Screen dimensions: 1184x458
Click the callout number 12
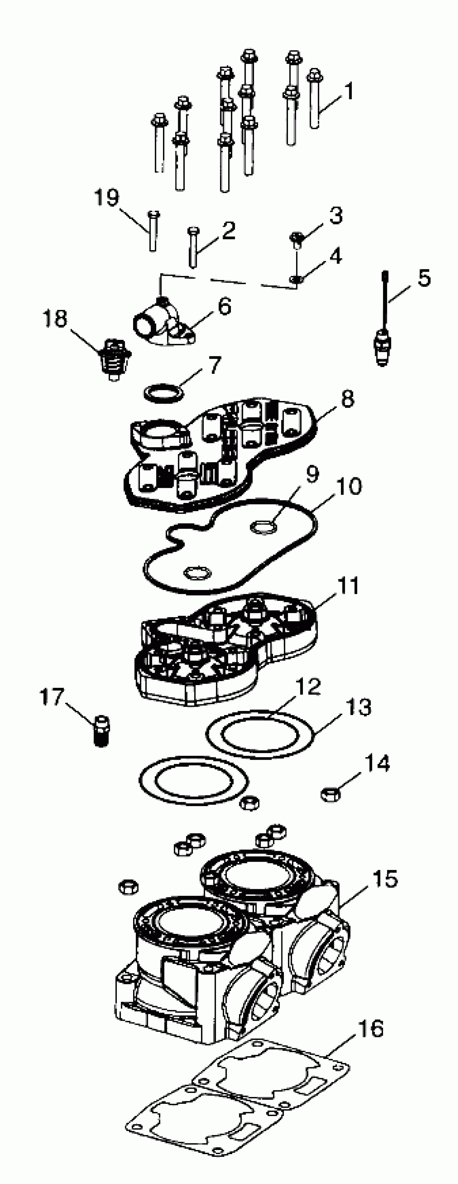coord(308,686)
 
